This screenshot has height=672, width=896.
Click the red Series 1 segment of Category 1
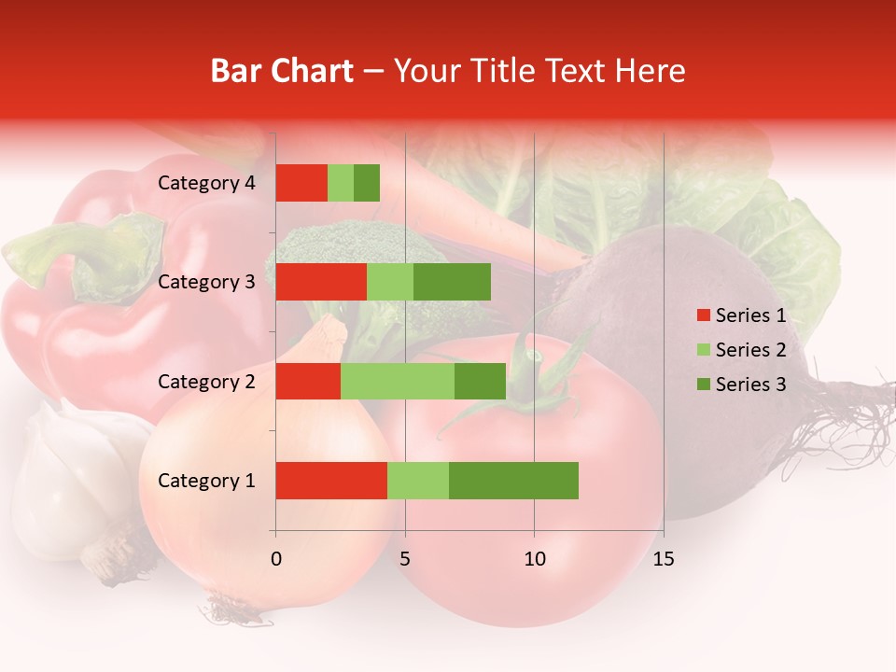(x=331, y=481)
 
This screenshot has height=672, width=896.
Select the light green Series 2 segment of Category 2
(x=398, y=382)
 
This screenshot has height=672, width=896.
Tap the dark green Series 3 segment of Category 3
(x=452, y=282)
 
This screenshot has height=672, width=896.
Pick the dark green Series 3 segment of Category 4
(x=367, y=183)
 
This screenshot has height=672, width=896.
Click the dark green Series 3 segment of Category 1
(x=513, y=481)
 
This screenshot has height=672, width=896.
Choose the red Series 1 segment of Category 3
(x=321, y=282)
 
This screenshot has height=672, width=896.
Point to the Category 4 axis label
(x=206, y=183)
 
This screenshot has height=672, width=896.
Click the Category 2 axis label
(x=206, y=382)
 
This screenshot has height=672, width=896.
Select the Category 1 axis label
(x=206, y=481)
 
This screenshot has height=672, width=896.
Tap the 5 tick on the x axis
(x=405, y=559)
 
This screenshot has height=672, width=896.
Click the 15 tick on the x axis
(x=663, y=559)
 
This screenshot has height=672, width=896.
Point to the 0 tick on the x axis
(x=276, y=559)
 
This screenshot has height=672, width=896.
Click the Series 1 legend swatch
(x=703, y=315)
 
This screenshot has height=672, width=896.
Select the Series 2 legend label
(x=750, y=350)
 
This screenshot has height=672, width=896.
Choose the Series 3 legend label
(x=750, y=385)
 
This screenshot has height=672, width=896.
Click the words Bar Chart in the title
(x=282, y=71)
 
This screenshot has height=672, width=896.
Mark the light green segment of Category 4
(x=341, y=183)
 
